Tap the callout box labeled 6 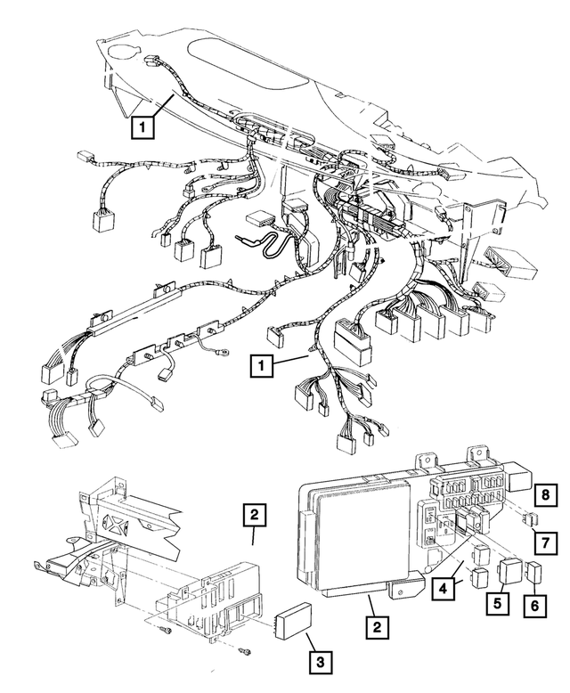pyautogui.click(x=535, y=605)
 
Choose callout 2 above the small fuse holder pyautogui.click(x=255, y=514)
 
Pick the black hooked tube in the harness pyautogui.click(x=267, y=241)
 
